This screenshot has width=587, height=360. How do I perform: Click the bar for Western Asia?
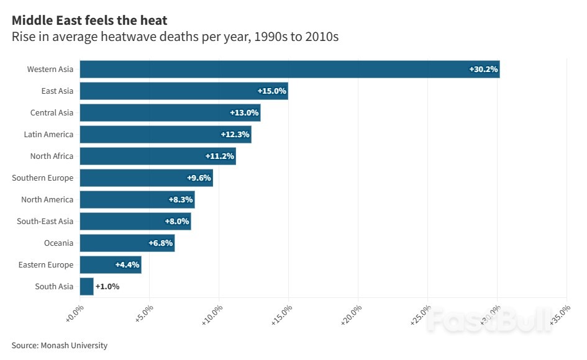click(289, 69)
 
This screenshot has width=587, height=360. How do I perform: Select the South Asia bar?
click(86, 286)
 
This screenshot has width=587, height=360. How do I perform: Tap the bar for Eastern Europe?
click(111, 264)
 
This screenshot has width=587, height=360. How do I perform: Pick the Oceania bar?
click(127, 243)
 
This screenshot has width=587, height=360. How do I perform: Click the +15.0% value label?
click(271, 91)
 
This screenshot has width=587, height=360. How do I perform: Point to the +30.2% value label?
click(483, 69)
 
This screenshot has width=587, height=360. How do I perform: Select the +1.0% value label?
click(107, 286)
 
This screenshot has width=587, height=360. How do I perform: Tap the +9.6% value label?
click(199, 178)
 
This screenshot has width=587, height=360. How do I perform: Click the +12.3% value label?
click(235, 134)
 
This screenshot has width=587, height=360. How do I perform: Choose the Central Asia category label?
click(52, 112)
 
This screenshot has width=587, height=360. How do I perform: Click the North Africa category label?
click(52, 156)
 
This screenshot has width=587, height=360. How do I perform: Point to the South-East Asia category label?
click(45, 221)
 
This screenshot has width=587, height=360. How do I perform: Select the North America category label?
click(47, 199)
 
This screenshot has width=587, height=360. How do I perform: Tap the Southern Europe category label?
click(42, 178)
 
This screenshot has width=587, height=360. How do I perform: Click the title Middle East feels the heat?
click(89, 20)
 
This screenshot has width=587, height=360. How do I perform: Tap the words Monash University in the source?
click(74, 345)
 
